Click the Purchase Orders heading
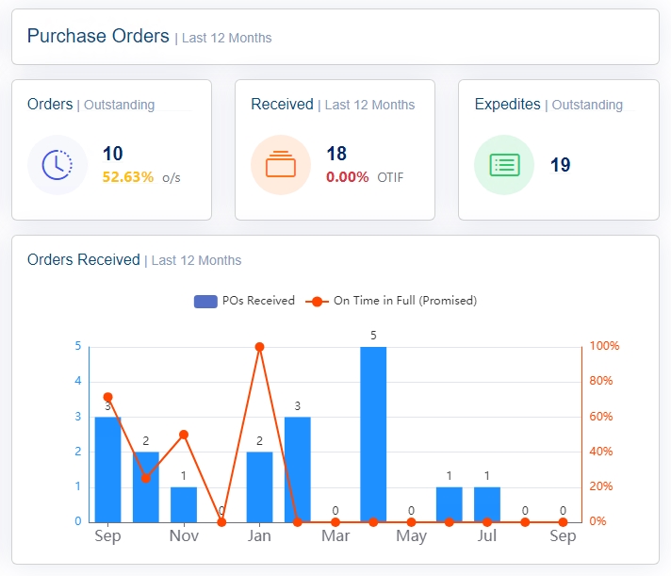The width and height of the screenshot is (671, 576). (98, 37)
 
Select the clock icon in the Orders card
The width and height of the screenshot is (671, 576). (57, 165)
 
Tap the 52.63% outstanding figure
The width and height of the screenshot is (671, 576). (128, 176)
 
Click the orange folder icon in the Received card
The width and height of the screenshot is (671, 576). (281, 165)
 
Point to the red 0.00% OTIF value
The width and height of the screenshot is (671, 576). (348, 176)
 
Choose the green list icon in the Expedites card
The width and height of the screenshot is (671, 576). (504, 165)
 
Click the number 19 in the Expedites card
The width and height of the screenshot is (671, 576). (561, 165)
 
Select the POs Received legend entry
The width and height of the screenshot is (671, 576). (245, 301)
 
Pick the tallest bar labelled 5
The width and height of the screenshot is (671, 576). (373, 434)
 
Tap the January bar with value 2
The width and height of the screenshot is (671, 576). (259, 486)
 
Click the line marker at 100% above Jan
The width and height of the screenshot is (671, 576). (259, 347)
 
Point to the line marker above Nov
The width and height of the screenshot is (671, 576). (184, 435)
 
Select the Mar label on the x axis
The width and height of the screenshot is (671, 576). (335, 536)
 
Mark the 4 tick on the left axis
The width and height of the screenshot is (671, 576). (77, 381)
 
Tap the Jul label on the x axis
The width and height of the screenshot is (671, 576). (487, 536)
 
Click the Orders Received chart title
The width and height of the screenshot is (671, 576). (84, 259)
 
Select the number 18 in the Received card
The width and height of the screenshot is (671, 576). (336, 154)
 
